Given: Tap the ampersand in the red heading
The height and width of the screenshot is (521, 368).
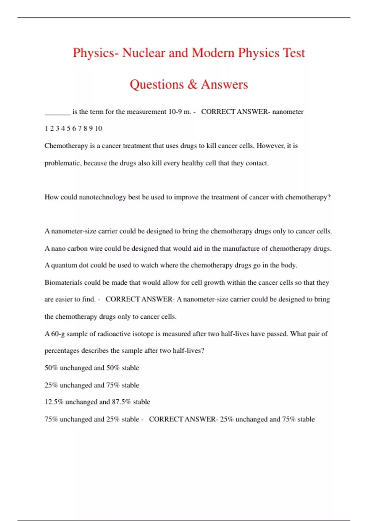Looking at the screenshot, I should pos(192,85).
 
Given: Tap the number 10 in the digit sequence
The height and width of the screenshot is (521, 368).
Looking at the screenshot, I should pos(98,128).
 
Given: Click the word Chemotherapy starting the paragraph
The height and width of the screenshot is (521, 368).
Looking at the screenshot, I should pos(66,146).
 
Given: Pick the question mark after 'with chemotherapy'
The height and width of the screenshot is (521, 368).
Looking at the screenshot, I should pos(329,197).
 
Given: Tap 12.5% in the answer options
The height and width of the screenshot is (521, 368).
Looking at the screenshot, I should pos(54,402).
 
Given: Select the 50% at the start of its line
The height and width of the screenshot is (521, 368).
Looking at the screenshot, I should pos(51,368).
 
